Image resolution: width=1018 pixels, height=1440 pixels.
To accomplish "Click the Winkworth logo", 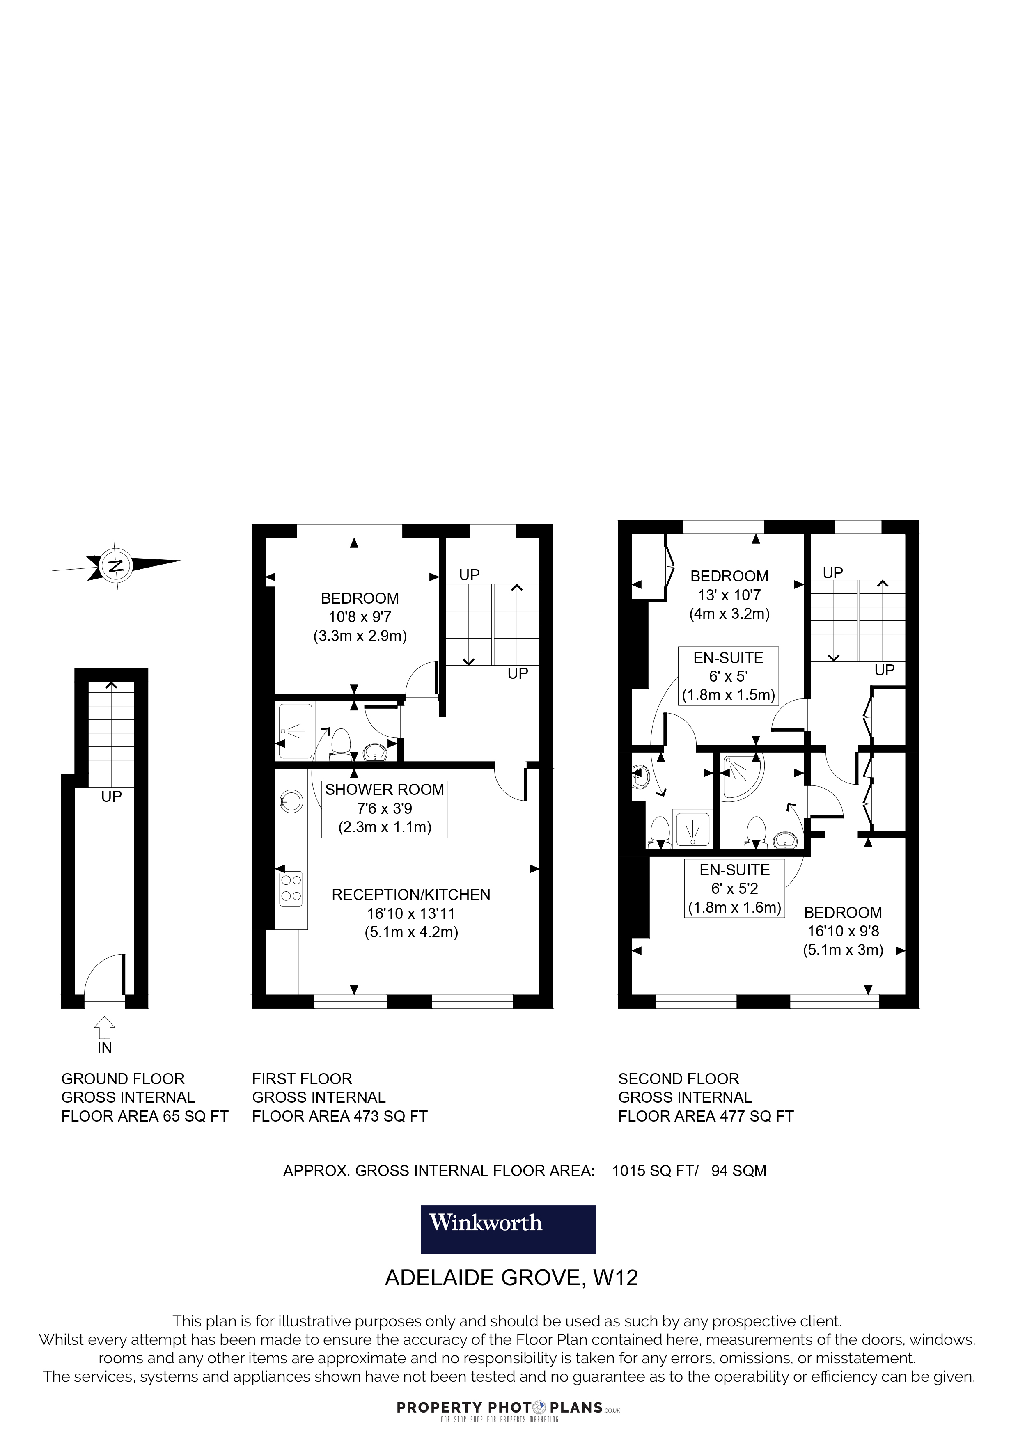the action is point(508,1240).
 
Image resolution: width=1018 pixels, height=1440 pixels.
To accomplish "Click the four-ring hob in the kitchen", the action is point(291,889).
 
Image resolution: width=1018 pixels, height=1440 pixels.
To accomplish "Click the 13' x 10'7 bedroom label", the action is point(729,595).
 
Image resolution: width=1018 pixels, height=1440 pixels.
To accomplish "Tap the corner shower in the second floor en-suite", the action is point(741,776).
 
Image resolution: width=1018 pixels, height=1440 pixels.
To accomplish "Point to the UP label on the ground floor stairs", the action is point(111,797).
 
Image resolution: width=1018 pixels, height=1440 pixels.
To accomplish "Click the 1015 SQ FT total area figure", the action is point(654,1171).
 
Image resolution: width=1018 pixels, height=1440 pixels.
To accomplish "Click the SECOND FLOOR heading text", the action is point(679,1079).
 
